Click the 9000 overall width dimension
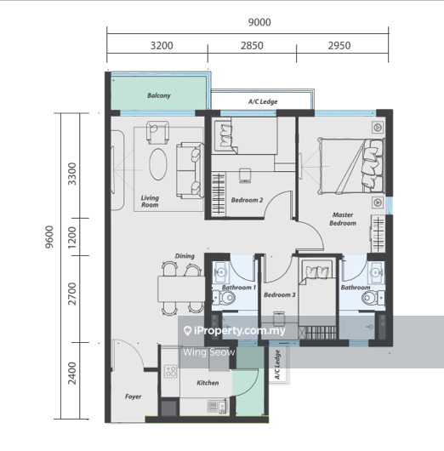tap(259, 22)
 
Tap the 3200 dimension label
tap(162, 45)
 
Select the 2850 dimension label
tap(252, 45)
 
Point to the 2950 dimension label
tap(339, 45)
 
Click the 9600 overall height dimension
tap(49, 237)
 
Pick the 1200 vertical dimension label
tap(72, 237)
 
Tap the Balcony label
tap(159, 95)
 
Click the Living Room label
tap(150, 202)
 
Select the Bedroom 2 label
tap(247, 200)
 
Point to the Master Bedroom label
tap(343, 219)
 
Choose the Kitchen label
tap(208, 383)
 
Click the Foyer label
tap(134, 397)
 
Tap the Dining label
tap(185, 256)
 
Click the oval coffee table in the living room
tap(158, 164)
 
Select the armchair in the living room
tap(157, 132)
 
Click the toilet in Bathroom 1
tap(225, 298)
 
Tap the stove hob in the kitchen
tap(171, 371)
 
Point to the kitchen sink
tap(217, 407)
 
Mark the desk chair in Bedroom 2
tap(245, 175)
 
